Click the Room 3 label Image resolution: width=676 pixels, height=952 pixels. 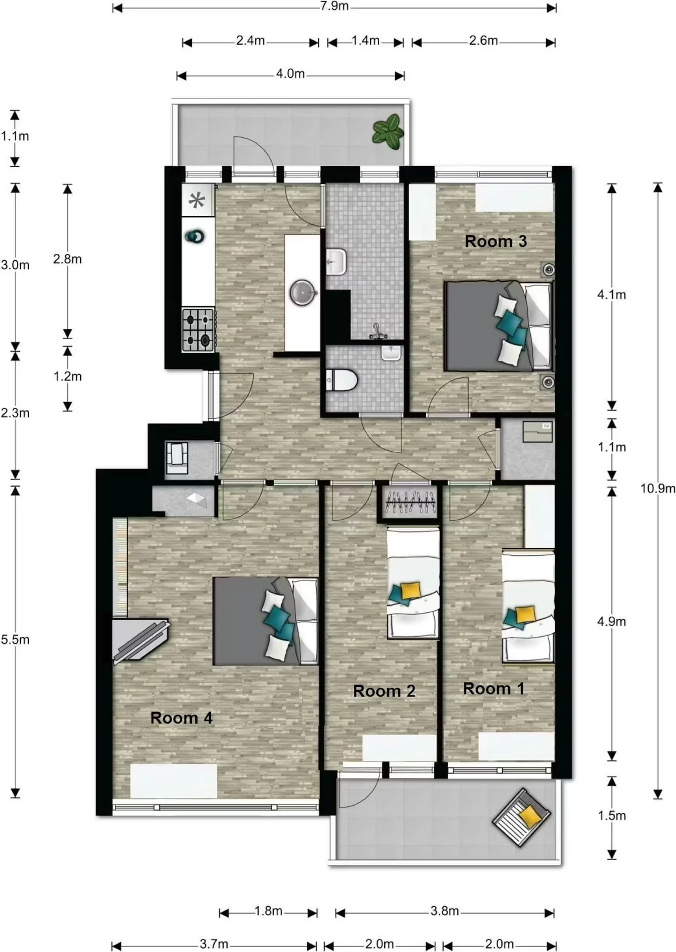click(496, 241)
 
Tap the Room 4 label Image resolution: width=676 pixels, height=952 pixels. click(181, 718)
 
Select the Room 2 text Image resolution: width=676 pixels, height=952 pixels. click(384, 691)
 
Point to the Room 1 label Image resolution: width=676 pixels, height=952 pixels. click(494, 689)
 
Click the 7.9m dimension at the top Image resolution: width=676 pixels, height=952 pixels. click(335, 6)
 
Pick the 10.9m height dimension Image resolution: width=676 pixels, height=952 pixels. click(658, 488)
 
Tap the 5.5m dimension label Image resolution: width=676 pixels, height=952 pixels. click(15, 640)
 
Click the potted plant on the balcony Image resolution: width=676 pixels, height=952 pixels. click(388, 131)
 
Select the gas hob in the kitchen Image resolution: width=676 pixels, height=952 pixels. click(198, 330)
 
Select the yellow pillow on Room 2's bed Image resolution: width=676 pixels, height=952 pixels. click(411, 591)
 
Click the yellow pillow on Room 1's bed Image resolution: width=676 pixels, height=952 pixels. click(525, 614)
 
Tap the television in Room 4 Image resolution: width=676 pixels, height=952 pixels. click(141, 640)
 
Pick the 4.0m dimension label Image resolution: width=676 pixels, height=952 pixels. click(290, 74)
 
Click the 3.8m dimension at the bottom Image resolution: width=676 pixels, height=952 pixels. click(445, 911)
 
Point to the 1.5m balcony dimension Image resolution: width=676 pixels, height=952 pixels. click(612, 816)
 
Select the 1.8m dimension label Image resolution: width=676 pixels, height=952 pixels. click(268, 911)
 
